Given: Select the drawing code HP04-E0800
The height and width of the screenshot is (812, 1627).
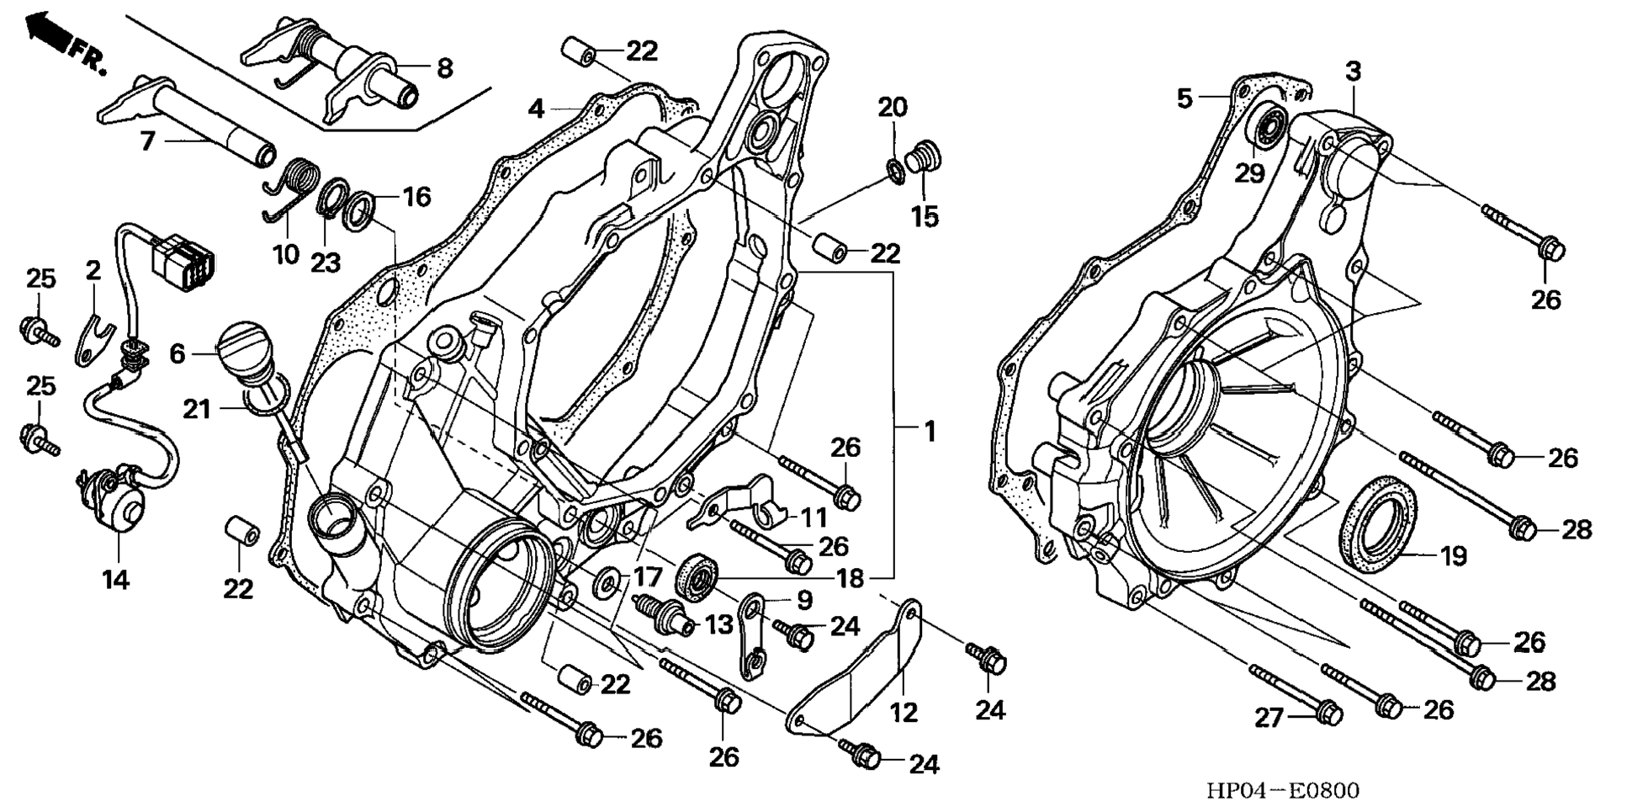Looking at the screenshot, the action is pos(1282,790).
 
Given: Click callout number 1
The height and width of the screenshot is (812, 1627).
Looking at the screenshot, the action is pos(930,432).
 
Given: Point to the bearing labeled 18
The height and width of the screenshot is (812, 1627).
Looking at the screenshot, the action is pos(698,576).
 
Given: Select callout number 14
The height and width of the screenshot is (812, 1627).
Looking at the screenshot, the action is pos(116,579).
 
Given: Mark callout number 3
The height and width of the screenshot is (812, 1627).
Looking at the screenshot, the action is pos(1353,73).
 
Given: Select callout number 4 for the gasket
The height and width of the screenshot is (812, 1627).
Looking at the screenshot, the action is pos(537,109).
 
